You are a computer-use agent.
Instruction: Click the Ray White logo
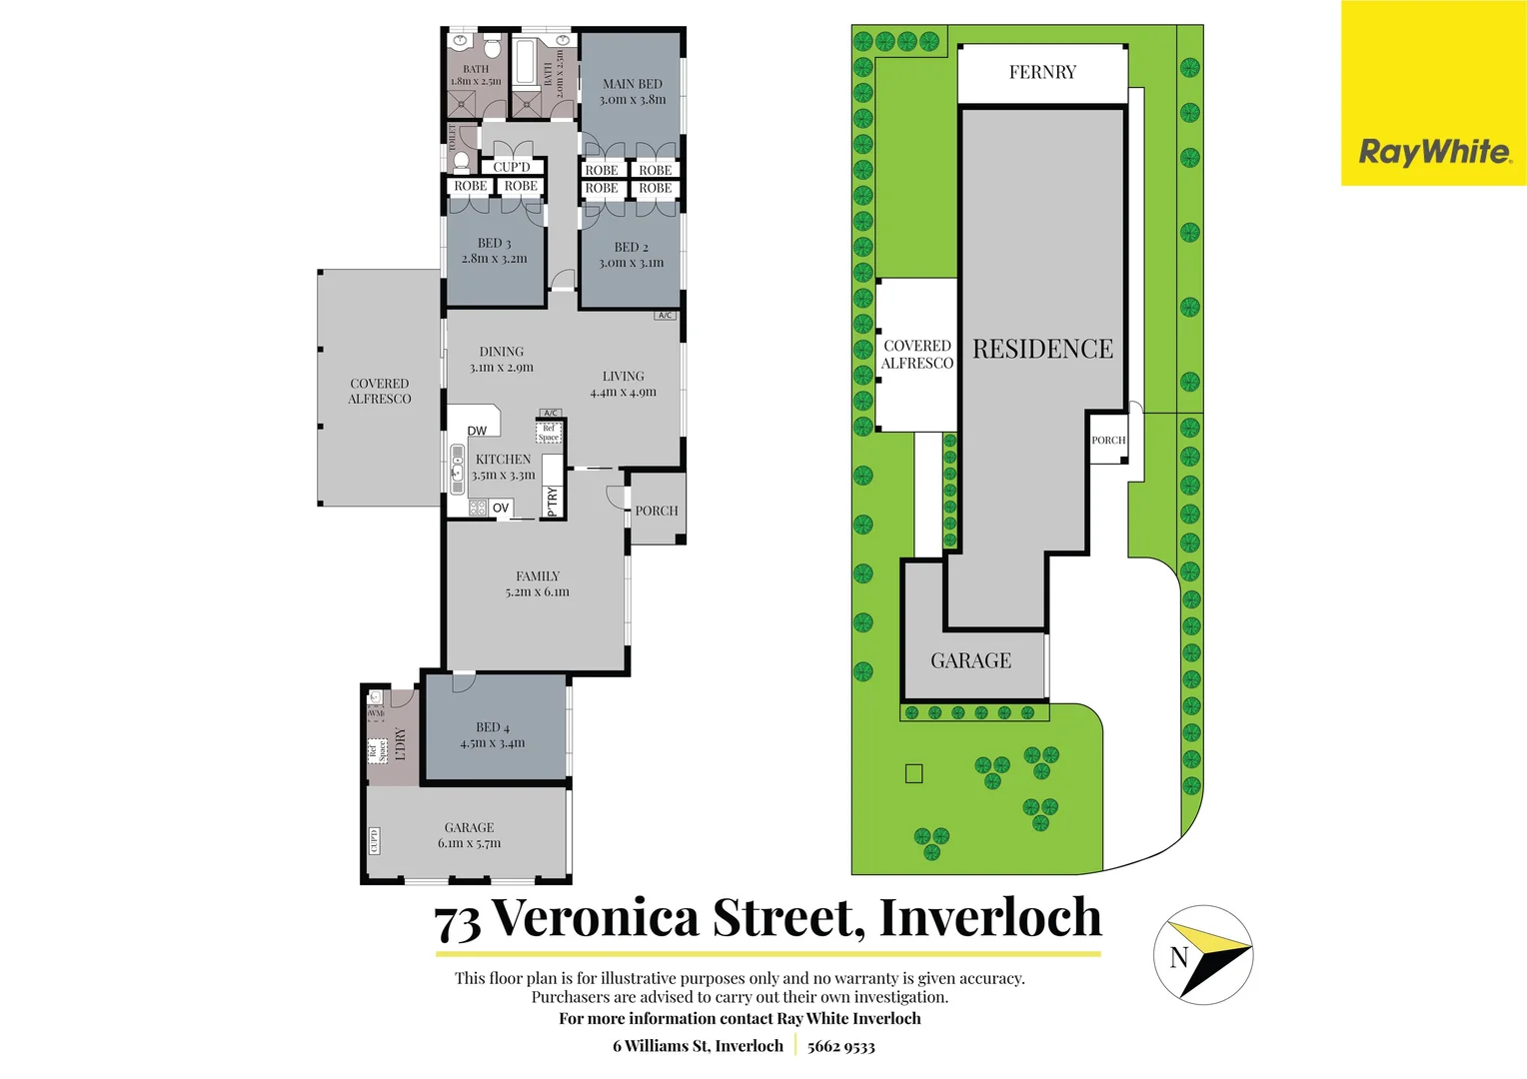1434,152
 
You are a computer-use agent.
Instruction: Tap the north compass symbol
1203,955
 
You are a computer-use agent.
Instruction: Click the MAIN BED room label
633,84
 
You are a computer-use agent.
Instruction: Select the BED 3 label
494,243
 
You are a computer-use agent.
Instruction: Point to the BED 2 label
631,247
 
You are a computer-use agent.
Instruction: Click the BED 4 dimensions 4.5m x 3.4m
492,743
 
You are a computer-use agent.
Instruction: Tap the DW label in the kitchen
477,431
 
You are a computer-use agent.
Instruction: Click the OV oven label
501,508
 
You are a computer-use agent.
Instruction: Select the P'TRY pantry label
553,501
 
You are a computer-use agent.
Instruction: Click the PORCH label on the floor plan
657,511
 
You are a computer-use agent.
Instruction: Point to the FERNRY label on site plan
1042,72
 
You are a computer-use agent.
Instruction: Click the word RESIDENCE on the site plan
1042,349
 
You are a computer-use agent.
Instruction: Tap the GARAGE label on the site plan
970,660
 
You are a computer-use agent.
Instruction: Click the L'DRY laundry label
401,744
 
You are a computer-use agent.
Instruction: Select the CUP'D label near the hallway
512,167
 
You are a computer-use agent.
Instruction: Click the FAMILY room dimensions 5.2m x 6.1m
537,591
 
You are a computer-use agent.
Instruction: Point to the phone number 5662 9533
840,1046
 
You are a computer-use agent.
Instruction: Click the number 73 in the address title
458,922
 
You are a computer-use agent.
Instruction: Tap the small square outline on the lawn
913,773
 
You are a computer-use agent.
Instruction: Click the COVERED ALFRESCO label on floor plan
379,391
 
